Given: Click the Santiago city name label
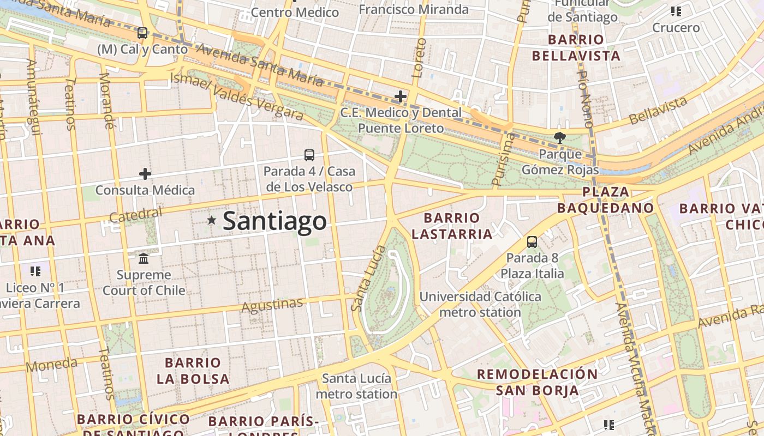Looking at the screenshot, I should [274, 221].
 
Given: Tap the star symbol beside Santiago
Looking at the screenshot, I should [212, 220].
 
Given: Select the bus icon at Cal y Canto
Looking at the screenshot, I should [142, 33].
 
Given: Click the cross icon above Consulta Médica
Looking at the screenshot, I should [145, 174].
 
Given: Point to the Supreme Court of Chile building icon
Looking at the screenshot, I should [144, 258].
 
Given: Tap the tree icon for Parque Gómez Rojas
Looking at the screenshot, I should [559, 137].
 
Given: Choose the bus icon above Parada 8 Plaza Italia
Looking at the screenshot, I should [532, 241].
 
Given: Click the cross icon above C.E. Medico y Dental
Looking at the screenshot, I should [401, 96].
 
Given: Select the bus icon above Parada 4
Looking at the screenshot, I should [309, 155].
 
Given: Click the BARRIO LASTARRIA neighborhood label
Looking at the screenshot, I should [452, 226].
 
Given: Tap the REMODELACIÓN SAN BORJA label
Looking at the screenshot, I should [538, 382].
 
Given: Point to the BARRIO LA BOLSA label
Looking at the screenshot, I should [193, 371].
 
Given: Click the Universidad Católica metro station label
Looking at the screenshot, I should [480, 305].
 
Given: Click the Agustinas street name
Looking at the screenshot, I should [272, 306].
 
